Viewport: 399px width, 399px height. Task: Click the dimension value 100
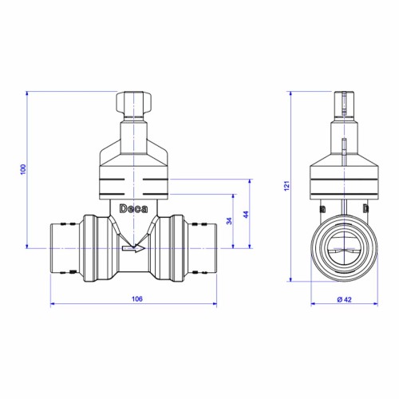tap(23, 169)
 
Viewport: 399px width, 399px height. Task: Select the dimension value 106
tap(137, 298)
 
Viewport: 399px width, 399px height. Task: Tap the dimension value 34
tap(229, 221)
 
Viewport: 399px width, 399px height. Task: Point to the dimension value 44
tap(246, 215)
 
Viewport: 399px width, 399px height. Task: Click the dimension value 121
tap(286, 186)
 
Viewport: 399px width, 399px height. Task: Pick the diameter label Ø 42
tap(344, 299)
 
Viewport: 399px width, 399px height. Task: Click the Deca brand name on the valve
tap(133, 209)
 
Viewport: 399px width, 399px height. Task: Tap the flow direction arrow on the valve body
tap(133, 248)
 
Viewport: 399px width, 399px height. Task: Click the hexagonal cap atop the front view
tap(133, 102)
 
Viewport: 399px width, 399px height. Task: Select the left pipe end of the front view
tap(66, 248)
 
